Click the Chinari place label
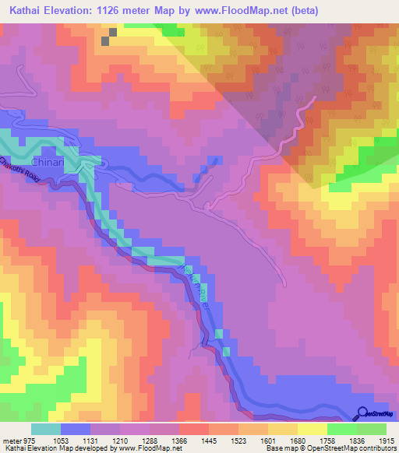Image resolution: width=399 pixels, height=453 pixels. (45, 163)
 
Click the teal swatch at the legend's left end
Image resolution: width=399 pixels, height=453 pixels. (46, 429)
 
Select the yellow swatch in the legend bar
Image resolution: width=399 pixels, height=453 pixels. (312, 429)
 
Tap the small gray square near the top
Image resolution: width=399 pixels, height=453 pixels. (112, 33)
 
